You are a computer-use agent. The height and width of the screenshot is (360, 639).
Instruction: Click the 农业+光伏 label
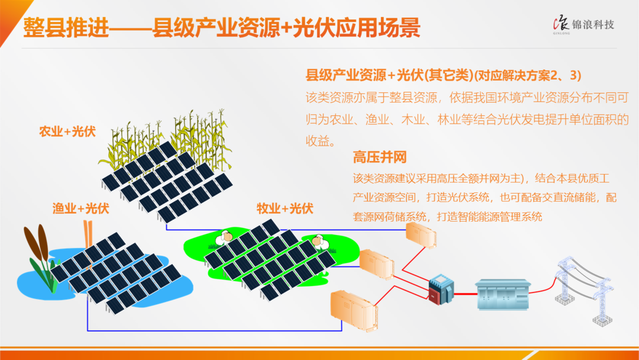67,131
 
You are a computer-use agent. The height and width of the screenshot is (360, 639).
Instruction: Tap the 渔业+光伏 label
80,208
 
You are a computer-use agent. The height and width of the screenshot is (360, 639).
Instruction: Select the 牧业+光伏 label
285,208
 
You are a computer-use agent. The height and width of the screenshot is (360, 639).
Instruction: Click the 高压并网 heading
379,157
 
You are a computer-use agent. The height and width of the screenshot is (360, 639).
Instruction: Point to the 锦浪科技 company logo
583,25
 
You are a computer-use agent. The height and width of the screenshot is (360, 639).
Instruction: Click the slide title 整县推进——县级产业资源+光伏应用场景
221,28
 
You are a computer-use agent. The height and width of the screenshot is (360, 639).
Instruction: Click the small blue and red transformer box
441,290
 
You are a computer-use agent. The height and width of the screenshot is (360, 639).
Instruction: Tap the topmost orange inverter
421,235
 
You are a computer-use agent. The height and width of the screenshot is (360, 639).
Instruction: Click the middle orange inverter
376,265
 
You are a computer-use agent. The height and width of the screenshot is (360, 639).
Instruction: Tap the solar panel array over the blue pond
115,273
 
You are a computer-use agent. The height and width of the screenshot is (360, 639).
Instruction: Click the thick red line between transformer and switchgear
464,294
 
